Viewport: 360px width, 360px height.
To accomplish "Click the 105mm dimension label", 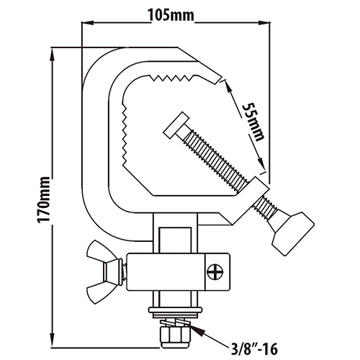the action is [x=171, y=15].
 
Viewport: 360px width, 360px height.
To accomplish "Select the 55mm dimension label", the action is [x=253, y=122].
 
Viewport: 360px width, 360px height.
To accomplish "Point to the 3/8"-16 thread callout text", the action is [x=254, y=348].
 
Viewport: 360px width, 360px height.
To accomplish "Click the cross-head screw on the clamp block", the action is [x=215, y=272].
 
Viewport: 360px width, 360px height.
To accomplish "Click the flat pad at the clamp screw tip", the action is [x=176, y=125].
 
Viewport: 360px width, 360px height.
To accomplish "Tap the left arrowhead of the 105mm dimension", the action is [x=88, y=23].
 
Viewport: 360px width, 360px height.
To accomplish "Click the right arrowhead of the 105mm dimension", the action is [x=264, y=23].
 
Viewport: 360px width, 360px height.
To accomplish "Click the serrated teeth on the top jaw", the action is [x=172, y=78].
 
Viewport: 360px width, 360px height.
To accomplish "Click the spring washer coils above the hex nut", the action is [x=176, y=322].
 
